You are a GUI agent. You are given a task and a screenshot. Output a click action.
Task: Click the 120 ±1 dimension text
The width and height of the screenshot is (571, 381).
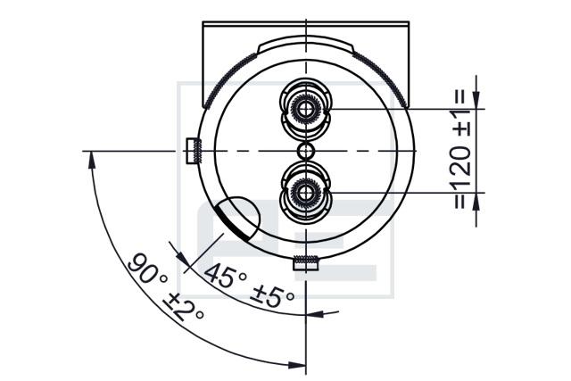[x=463, y=148]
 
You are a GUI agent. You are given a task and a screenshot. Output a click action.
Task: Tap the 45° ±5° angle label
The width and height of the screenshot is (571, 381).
[x=249, y=286]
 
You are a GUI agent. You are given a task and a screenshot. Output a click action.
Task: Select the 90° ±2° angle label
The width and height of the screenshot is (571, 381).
[x=165, y=287]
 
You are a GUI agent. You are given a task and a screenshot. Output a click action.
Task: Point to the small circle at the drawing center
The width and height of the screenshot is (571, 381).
[x=305, y=151]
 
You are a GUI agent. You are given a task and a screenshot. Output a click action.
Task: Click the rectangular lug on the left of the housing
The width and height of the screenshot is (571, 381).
[x=193, y=151]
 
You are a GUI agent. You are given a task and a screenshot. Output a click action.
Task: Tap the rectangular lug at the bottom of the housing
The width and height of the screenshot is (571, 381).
[x=306, y=263]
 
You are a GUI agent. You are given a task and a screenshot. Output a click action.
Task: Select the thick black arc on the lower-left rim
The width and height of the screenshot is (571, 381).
[x=232, y=223]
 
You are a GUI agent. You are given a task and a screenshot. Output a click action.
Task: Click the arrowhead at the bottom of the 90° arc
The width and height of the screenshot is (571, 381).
[x=296, y=365]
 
